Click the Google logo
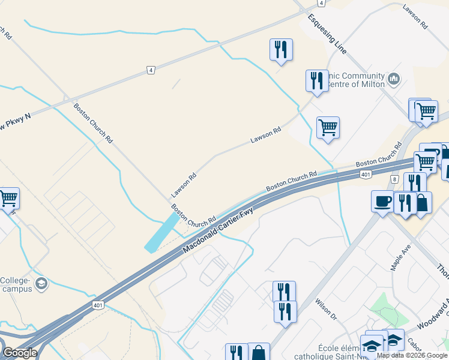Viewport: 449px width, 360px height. (x=20, y=353)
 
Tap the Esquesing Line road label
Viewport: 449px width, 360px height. (x=327, y=34)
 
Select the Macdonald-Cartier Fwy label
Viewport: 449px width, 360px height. (x=218, y=230)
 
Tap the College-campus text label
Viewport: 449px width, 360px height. (x=17, y=284)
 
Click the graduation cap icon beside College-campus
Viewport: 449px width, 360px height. (x=41, y=283)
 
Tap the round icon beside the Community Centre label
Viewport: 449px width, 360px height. (x=394, y=78)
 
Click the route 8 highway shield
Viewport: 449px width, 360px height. (x=394, y=179)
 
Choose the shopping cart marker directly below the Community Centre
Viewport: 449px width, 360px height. (x=328, y=127)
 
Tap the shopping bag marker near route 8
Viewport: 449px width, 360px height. (x=422, y=203)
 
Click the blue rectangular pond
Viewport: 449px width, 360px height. (x=162, y=233)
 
